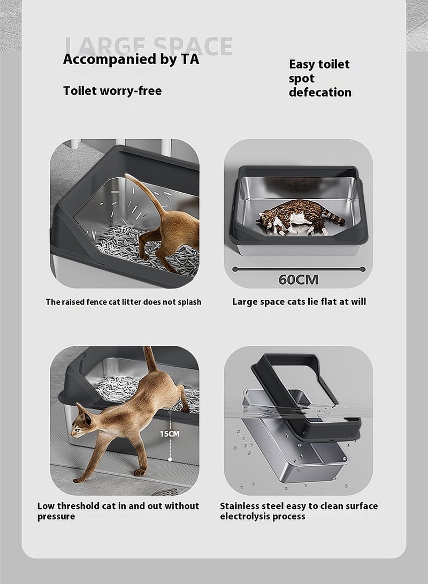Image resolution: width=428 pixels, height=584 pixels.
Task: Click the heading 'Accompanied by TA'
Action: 131,59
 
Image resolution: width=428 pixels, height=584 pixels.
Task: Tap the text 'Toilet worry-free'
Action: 112,90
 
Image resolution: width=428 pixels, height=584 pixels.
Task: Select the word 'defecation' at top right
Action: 320,93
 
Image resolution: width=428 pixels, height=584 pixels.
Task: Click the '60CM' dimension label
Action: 298,280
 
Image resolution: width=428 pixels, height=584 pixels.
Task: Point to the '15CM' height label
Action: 170,434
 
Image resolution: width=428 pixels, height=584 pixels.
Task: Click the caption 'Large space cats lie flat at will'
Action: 299,302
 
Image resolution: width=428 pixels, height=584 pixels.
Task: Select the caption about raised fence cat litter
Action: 124,302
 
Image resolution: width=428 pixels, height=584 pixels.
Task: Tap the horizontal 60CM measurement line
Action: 298,269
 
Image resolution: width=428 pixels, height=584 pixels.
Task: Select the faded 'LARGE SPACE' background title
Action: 148,45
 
